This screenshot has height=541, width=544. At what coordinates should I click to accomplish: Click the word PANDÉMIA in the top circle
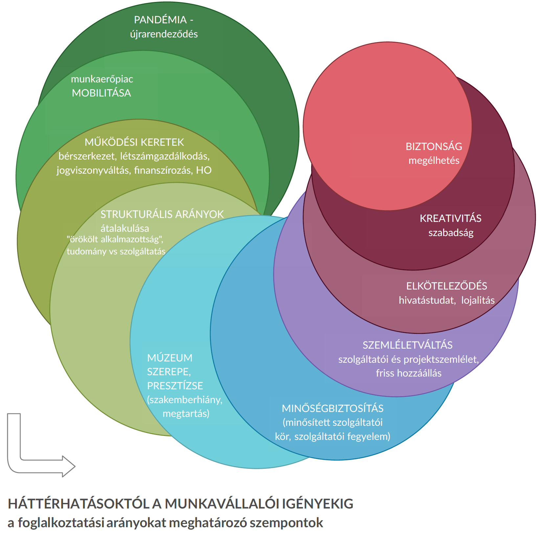(x=160, y=20)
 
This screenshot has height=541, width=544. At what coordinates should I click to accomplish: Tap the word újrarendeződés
(x=164, y=34)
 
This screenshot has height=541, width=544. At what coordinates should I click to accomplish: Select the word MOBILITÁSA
(x=101, y=93)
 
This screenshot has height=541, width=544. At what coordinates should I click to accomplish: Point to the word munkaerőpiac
(x=102, y=79)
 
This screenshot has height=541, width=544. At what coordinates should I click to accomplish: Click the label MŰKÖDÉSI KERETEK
(x=134, y=142)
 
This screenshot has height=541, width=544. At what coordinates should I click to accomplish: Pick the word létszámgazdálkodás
(x=165, y=156)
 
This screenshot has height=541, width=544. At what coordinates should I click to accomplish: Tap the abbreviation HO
(x=204, y=170)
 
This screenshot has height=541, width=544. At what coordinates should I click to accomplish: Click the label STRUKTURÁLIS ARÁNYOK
(x=162, y=214)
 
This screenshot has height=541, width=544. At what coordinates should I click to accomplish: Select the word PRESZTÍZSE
(x=175, y=386)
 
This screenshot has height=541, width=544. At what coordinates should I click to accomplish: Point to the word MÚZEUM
(x=170, y=358)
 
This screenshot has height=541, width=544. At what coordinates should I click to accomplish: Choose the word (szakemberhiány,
(x=185, y=400)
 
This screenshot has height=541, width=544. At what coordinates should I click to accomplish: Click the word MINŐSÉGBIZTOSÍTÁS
(x=332, y=408)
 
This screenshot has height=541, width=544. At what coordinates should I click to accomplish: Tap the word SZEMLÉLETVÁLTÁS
(x=407, y=345)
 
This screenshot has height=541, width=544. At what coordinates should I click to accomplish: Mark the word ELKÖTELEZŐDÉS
(x=446, y=286)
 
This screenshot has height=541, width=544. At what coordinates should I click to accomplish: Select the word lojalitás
(x=478, y=300)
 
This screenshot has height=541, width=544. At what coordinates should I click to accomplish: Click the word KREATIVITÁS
(x=450, y=218)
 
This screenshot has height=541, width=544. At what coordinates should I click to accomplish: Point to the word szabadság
(x=451, y=233)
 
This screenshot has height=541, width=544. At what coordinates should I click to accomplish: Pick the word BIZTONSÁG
(x=434, y=146)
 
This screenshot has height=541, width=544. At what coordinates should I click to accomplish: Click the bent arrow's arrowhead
(x=69, y=466)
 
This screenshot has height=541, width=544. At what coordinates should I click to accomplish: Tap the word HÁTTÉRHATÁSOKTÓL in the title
(x=79, y=504)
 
